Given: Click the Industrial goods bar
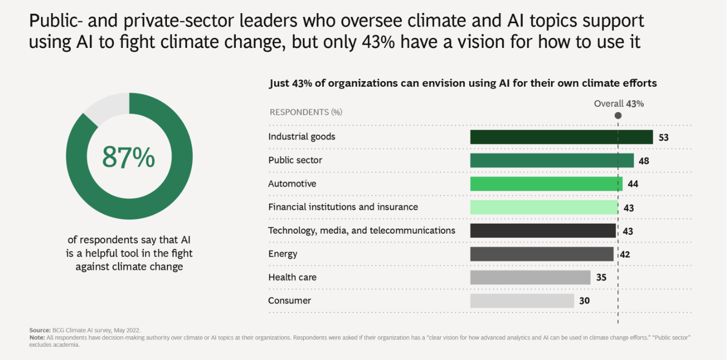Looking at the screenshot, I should tap(561, 137).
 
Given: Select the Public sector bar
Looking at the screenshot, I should tap(552, 161).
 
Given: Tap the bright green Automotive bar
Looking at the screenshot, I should tap(546, 184).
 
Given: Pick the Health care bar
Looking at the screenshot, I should tap(530, 277).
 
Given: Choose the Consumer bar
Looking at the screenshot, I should tap(522, 301).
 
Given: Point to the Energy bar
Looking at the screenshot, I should tap(542, 254).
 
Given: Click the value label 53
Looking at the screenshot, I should tap(663, 137).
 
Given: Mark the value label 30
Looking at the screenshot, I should tap(584, 301).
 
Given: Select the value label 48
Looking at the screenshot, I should tap(643, 161).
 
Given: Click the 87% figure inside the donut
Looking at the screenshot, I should tap(128, 157).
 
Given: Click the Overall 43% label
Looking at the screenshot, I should tap(619, 104).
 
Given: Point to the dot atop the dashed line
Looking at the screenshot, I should tap(618, 116).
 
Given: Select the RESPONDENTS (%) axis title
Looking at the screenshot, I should tap(298, 112).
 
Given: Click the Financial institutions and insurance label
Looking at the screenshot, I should tap(343, 207).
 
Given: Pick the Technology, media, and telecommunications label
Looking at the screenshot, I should tap(362, 231).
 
